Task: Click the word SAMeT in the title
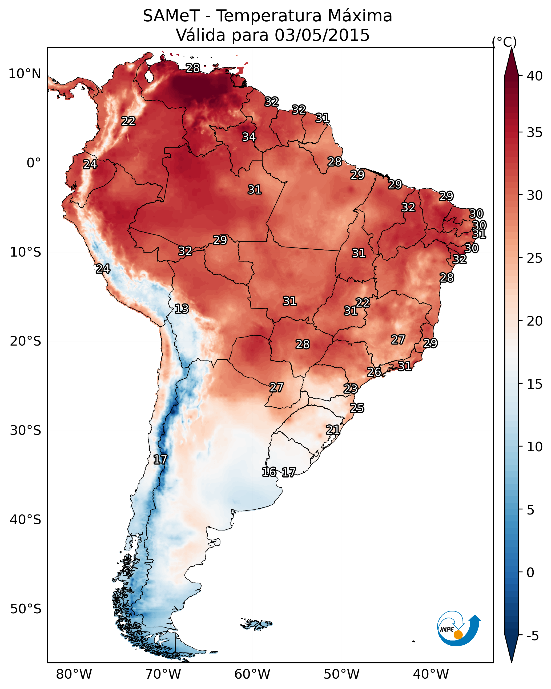point(171,16)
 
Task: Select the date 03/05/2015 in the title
point(322,35)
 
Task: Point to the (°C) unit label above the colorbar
point(504,42)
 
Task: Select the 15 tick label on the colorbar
point(535,384)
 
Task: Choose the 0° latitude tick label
point(34,163)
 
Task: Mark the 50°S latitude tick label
point(26,609)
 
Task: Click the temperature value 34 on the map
point(249,137)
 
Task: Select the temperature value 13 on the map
point(182,309)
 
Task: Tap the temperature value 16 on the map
point(269,472)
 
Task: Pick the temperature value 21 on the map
point(333,429)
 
